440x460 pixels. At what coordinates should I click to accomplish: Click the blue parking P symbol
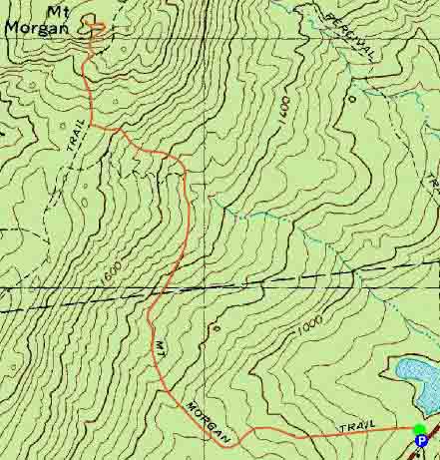pos(421,440)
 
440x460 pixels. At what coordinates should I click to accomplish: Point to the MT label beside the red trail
pos(161,353)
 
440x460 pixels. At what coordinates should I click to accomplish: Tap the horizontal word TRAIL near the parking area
pos(356,426)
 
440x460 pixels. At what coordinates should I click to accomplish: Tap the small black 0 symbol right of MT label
pos(216,326)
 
